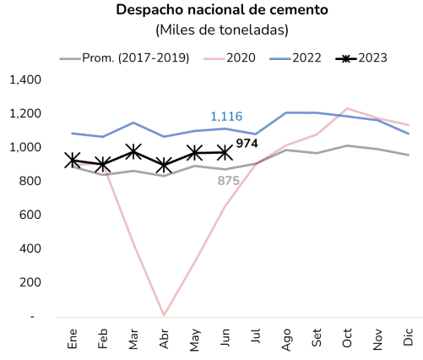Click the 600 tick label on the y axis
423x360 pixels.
pyautogui.click(x=30, y=215)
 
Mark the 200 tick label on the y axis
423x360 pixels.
pyautogui.click(x=30, y=282)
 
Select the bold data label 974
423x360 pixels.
pyautogui.click(x=247, y=144)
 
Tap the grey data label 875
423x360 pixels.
pyautogui.click(x=229, y=180)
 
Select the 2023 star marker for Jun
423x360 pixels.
pyautogui.click(x=225, y=152)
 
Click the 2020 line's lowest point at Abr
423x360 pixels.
pyautogui.click(x=163, y=315)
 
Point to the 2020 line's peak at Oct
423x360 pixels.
pyautogui.click(x=347, y=108)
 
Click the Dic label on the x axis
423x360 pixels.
pyautogui.click(x=409, y=337)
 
